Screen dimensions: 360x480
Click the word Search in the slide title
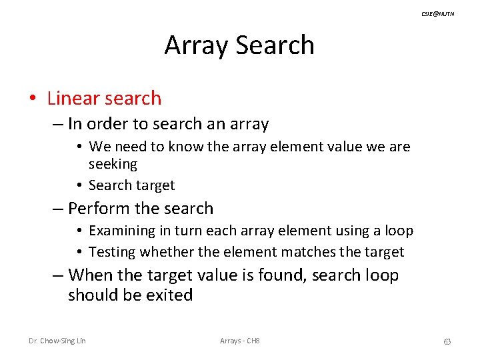click(x=275, y=45)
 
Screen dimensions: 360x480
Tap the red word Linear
click(x=73, y=99)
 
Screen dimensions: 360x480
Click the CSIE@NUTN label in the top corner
click(x=438, y=14)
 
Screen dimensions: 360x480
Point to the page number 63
click(x=447, y=341)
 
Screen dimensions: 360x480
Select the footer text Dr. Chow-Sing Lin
click(x=57, y=341)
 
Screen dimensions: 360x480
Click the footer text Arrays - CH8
click(x=240, y=341)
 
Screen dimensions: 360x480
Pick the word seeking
click(x=113, y=164)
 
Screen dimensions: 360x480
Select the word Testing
click(x=112, y=252)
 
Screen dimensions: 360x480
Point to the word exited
click(x=169, y=295)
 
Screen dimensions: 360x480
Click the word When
click(x=89, y=275)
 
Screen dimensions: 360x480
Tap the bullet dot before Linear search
click(x=32, y=99)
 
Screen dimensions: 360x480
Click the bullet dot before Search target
click(x=79, y=186)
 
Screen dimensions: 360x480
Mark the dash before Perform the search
click(x=59, y=209)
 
